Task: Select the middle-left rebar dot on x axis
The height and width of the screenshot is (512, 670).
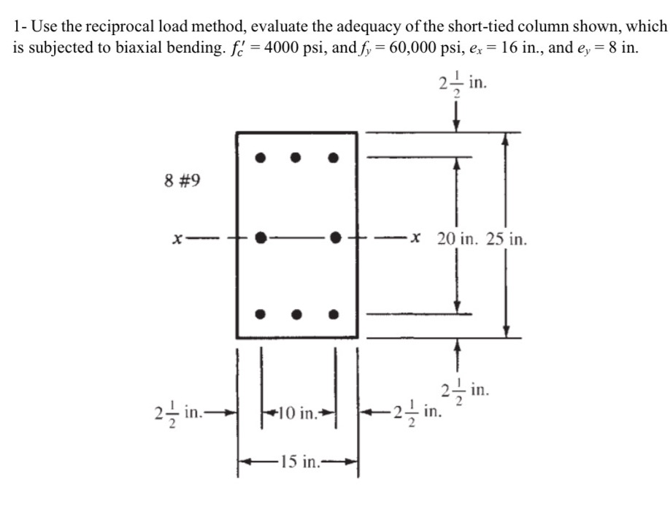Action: coord(261,237)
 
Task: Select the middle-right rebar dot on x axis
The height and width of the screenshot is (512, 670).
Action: coord(335,237)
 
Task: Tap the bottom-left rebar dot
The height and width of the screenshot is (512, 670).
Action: coord(260,315)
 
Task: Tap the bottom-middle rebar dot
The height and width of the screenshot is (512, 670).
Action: coord(296,315)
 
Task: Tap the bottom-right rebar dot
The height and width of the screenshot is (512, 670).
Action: coord(334,315)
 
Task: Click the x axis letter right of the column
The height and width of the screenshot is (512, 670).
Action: coord(415,237)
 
